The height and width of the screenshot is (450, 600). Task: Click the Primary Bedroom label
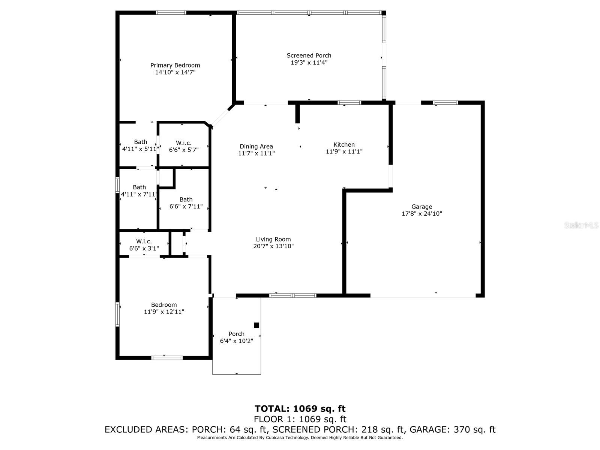tap(175, 65)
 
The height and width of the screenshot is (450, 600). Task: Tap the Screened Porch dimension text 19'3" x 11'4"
tap(309, 63)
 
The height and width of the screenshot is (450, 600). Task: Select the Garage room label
tap(421, 207)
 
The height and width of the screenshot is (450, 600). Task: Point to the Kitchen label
tap(344, 145)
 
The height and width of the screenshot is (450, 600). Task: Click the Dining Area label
tap(256, 147)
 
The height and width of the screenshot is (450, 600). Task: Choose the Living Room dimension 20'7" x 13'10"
tap(273, 246)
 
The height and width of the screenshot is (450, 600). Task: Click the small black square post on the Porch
tap(256, 325)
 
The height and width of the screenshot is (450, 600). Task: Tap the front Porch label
tap(236, 334)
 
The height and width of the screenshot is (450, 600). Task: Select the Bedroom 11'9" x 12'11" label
tap(164, 305)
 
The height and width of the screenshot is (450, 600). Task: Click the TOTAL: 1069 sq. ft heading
tap(300, 409)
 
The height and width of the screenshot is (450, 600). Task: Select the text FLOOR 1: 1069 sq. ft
tap(300, 419)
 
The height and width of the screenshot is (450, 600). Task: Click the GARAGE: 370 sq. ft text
tap(452, 430)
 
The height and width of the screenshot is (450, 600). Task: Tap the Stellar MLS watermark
tap(581, 225)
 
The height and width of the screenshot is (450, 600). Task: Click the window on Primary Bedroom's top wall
tap(171, 13)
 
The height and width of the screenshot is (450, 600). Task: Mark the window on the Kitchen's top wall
tap(349, 103)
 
